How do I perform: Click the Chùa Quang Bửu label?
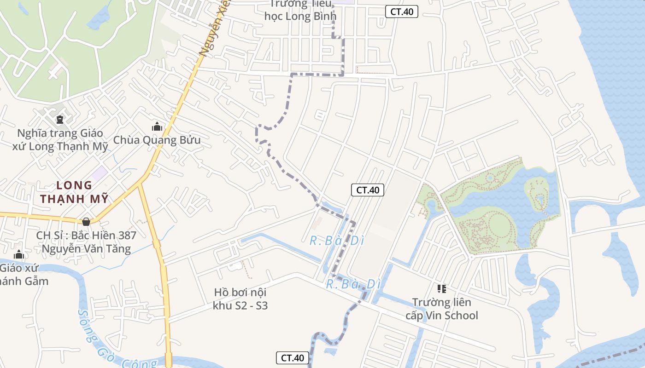(157, 140)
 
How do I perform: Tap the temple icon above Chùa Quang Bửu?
(157, 126)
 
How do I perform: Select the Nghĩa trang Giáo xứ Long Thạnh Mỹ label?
(60, 140)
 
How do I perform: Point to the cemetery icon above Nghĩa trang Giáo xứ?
(59, 120)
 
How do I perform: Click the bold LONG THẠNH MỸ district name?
(74, 192)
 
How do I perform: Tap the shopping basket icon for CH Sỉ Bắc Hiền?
(86, 222)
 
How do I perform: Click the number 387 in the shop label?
(124, 236)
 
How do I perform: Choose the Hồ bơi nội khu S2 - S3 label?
(240, 299)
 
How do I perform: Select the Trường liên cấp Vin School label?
(441, 309)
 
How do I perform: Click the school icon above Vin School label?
(441, 289)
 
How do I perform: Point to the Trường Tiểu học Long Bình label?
(300, 10)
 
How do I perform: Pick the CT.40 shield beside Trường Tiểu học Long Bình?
(401, 12)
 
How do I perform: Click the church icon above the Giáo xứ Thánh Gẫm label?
(18, 254)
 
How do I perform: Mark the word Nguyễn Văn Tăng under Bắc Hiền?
(86, 249)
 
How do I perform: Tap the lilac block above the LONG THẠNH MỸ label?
(99, 173)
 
